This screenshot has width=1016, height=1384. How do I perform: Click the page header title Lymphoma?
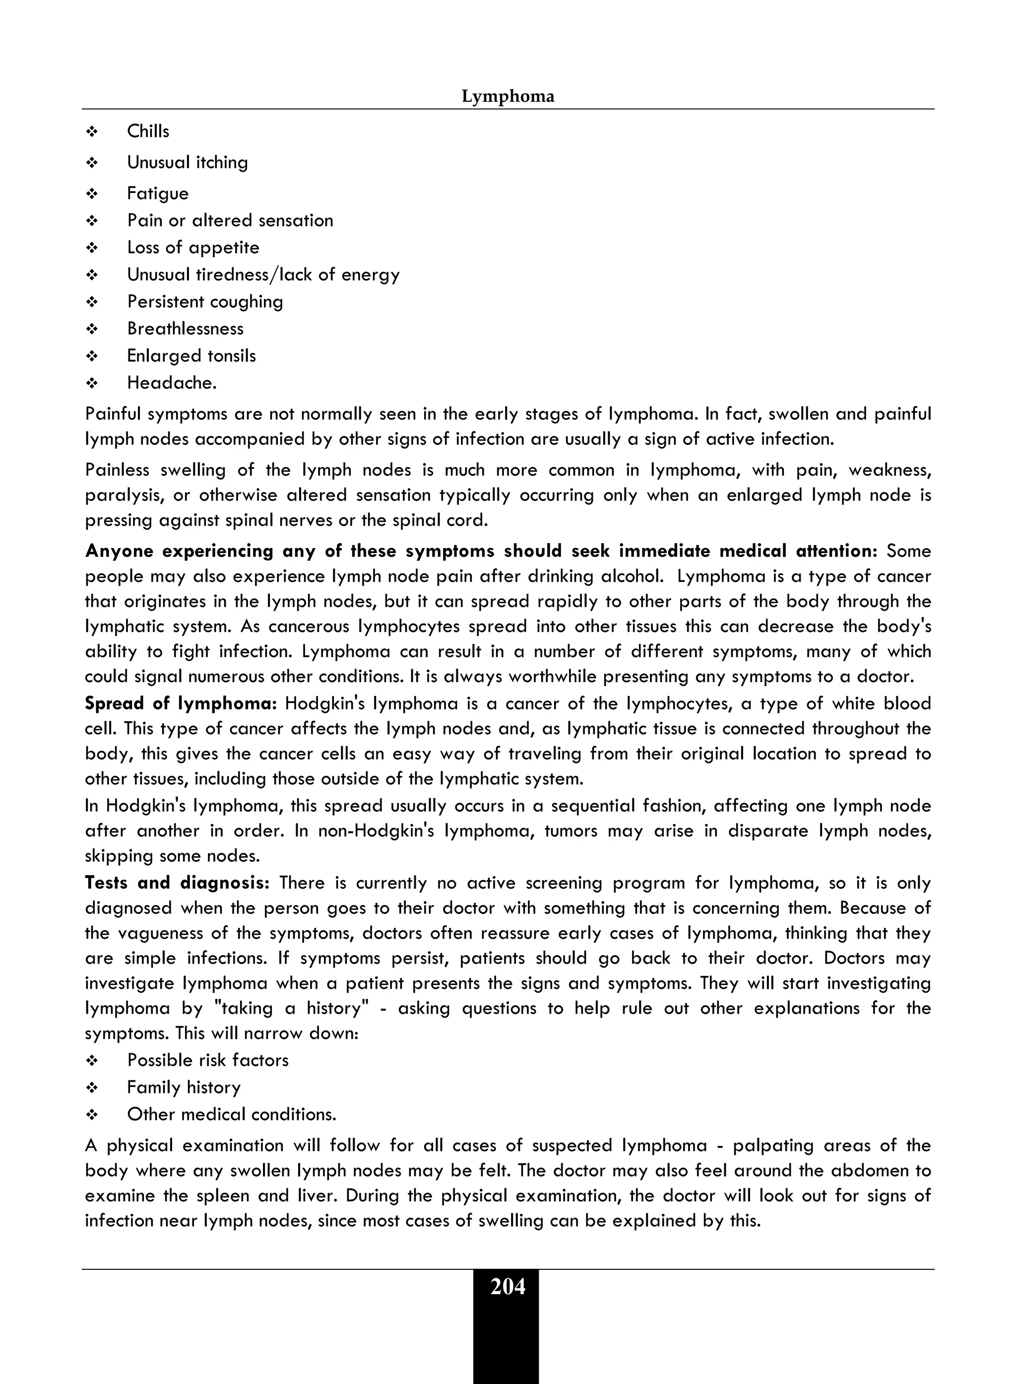click(508, 97)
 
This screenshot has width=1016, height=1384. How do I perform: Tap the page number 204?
click(508, 1287)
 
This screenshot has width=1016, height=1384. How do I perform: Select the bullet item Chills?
click(148, 131)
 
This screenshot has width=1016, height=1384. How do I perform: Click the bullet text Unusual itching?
click(187, 162)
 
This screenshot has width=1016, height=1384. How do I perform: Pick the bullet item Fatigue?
click(157, 193)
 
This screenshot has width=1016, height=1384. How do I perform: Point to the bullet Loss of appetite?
click(192, 247)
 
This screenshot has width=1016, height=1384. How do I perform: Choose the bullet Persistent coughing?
click(205, 301)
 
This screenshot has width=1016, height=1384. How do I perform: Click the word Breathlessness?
click(185, 329)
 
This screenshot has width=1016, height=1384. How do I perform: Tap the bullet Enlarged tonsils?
click(191, 356)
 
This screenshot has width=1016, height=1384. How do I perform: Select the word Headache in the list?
click(170, 383)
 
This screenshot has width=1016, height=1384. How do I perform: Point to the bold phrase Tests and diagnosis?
click(177, 883)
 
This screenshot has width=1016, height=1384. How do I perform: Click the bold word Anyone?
click(119, 551)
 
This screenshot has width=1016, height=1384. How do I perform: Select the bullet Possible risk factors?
click(207, 1060)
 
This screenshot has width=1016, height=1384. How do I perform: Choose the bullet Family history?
click(183, 1087)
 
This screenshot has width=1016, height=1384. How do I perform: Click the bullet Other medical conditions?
click(231, 1114)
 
